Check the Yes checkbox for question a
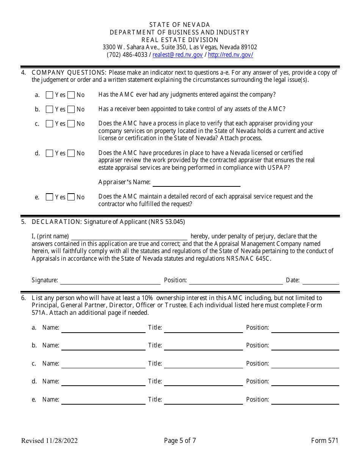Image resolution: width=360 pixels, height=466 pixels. (49, 95)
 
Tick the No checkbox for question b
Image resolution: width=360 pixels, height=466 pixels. (71, 109)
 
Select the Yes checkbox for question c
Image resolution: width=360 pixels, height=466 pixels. (49, 124)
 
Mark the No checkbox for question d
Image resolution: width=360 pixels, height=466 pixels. (71, 153)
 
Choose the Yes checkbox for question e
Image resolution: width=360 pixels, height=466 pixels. (49, 197)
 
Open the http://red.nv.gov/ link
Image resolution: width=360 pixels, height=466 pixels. (230, 55)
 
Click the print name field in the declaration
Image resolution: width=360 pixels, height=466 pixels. (129, 236)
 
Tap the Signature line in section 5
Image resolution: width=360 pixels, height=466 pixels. (110, 280)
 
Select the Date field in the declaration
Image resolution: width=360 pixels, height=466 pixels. (321, 280)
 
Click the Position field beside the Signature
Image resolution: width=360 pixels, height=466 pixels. (236, 280)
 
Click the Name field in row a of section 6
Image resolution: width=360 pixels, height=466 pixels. (103, 328)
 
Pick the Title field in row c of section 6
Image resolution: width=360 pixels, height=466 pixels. (203, 364)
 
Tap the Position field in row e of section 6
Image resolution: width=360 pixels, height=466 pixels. (305, 400)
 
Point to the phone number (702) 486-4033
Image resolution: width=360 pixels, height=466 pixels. (127, 55)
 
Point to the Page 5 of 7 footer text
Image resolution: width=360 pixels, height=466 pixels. (180, 441)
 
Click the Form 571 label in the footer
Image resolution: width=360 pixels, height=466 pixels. (324, 441)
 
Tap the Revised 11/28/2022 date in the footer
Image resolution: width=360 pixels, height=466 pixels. (50, 441)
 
